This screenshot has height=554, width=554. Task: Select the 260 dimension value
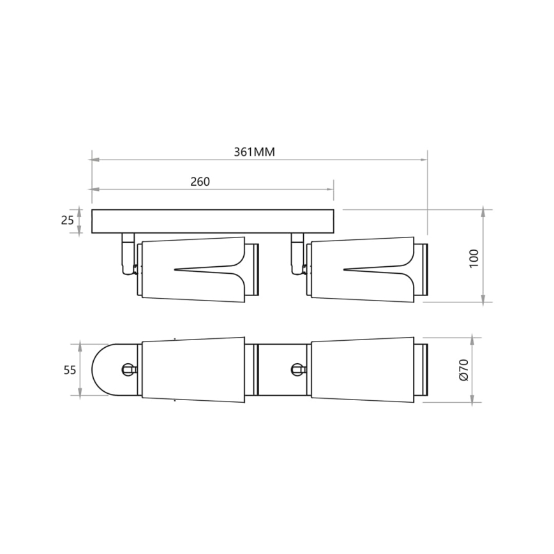coord(200,181)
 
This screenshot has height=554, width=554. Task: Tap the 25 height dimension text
coord(66,221)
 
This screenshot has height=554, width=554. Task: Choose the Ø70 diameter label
coord(463,370)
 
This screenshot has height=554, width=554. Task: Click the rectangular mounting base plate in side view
coord(213,221)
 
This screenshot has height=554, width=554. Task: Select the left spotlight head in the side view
coord(191,269)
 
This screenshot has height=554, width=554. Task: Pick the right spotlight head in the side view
coord(361,269)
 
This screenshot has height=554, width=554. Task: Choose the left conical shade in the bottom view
coord(193,369)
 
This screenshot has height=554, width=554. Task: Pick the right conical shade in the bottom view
coord(363,369)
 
